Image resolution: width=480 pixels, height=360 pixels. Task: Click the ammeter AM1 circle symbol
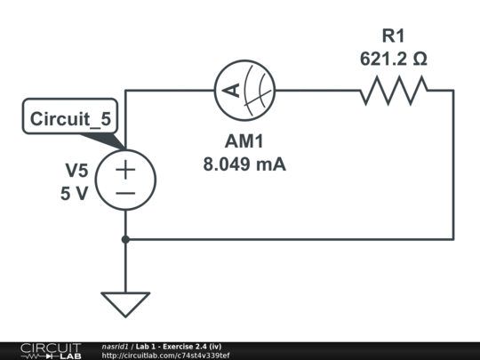244,89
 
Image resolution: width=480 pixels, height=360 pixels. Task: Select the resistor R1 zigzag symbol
394,89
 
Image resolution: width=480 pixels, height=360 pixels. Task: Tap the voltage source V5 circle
125,180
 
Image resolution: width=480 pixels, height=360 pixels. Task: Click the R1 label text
393,36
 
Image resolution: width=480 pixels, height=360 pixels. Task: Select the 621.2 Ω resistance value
393,59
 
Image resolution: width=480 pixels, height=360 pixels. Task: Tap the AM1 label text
244,142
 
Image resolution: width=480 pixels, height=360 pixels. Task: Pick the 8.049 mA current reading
244,164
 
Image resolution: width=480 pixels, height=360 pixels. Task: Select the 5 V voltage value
75,193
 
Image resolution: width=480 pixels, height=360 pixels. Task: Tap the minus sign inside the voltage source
125,192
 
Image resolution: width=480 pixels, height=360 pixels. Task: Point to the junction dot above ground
125,238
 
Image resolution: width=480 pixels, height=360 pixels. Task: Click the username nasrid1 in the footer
116,346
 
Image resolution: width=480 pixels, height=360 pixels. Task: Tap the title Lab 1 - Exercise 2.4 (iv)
179,346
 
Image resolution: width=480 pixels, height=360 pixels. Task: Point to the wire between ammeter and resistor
316,89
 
